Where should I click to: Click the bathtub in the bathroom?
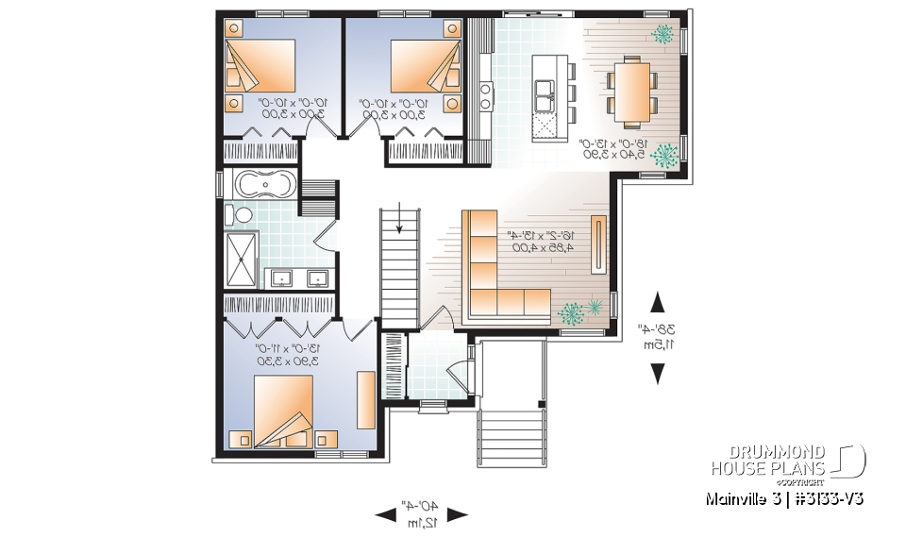[x=263, y=184]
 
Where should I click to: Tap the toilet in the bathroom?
[x=243, y=215]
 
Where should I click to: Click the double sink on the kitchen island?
[x=545, y=92]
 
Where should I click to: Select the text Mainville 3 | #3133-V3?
[x=786, y=497]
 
